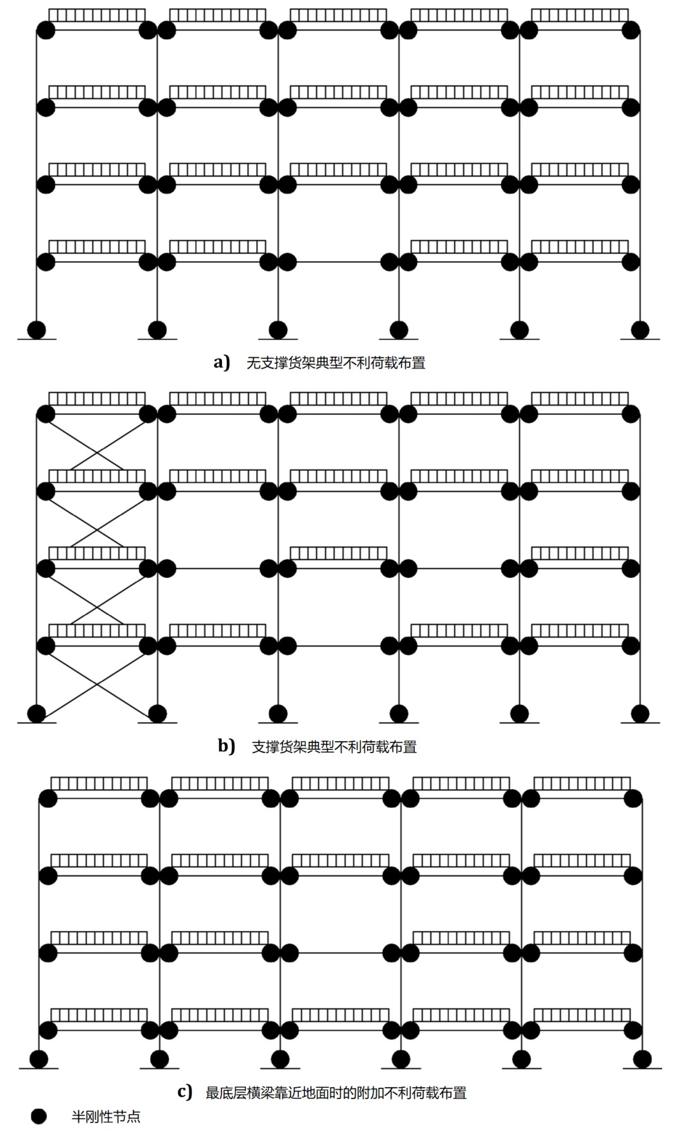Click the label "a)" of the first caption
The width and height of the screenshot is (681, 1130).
point(221,362)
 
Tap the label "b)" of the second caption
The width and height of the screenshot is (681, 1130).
point(226,746)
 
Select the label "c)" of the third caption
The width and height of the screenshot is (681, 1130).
point(185,1092)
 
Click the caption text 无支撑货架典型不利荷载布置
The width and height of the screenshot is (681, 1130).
point(335,363)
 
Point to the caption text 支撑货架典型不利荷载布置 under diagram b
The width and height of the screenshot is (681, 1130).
point(334,747)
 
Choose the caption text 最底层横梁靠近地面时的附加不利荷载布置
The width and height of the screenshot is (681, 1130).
point(336,1092)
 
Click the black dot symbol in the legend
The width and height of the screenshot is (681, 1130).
point(39,1116)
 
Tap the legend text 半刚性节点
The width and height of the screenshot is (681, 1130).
point(106,1117)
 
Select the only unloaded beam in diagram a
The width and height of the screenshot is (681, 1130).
point(339,262)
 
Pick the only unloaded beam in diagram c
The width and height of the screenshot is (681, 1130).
point(340,952)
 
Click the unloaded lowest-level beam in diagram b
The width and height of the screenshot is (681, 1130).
point(339,645)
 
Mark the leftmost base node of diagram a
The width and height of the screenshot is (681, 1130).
point(37,330)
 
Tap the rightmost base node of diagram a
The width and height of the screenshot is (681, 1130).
point(640,330)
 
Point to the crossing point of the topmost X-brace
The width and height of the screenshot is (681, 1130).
point(97,451)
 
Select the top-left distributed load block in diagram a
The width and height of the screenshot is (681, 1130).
point(97,15)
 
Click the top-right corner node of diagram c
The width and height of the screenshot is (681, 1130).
point(632,798)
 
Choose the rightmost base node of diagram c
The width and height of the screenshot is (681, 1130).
point(642,1059)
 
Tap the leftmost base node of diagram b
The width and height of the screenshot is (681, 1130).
point(37,713)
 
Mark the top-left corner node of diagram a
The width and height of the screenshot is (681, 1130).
point(46,30)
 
